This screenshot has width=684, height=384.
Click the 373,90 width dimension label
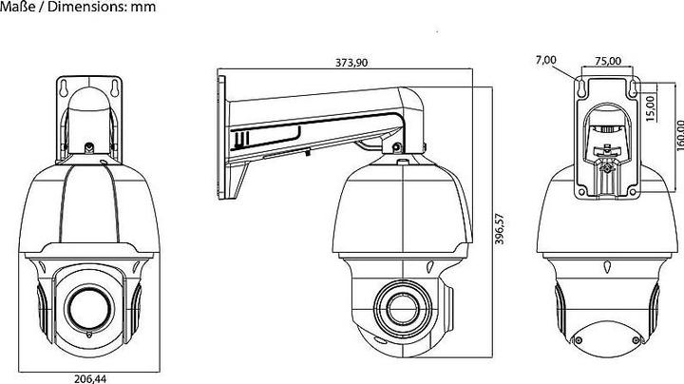(x=351, y=64)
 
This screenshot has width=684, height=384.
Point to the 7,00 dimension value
(x=546, y=61)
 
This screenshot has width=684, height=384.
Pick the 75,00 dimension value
(x=607, y=61)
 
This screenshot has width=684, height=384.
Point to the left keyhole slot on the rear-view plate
(x=581, y=88)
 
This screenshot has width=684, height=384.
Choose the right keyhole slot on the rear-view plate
(x=630, y=88)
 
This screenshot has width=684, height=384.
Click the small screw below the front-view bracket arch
(x=87, y=148)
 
